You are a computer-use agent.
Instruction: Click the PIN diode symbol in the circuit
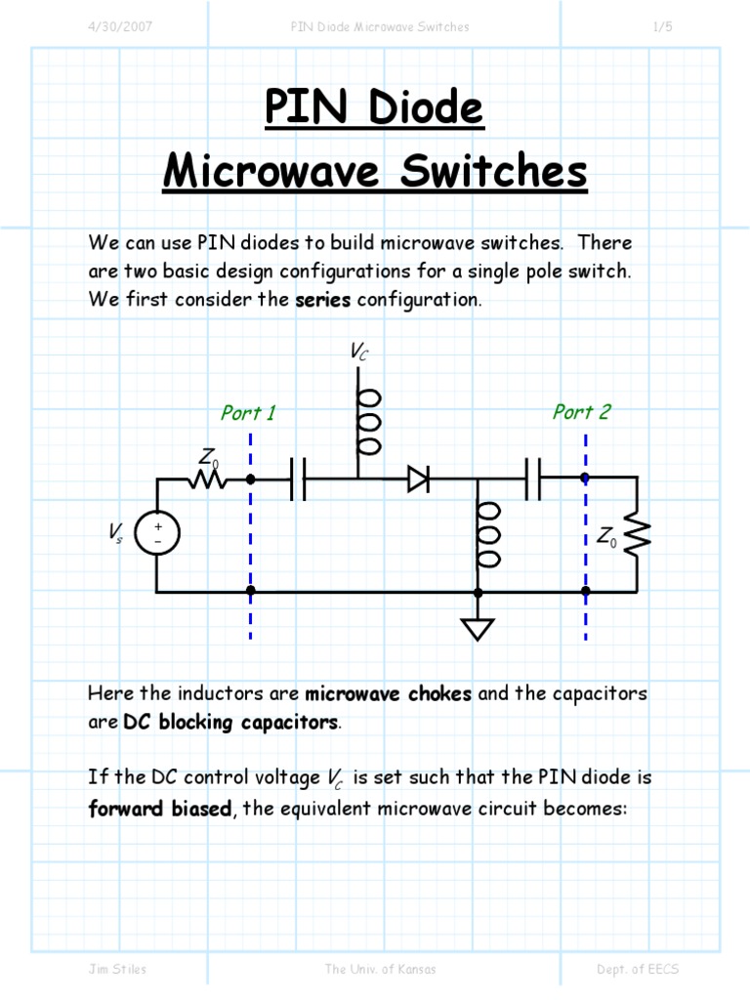418,479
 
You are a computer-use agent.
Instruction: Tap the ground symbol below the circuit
478,628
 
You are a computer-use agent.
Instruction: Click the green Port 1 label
248,413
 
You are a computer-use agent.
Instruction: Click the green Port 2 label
581,412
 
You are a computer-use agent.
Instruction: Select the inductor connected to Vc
369,422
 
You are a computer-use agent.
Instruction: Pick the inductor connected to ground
488,535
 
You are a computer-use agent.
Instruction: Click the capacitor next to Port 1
298,479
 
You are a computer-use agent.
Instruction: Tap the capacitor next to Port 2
533,479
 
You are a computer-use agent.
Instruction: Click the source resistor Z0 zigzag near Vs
208,479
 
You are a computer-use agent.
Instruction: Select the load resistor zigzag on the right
637,535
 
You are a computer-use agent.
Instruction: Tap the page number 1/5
662,27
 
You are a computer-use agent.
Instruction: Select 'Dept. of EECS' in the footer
638,969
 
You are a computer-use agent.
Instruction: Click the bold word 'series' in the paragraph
322,300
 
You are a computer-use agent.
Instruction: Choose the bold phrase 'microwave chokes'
389,694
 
